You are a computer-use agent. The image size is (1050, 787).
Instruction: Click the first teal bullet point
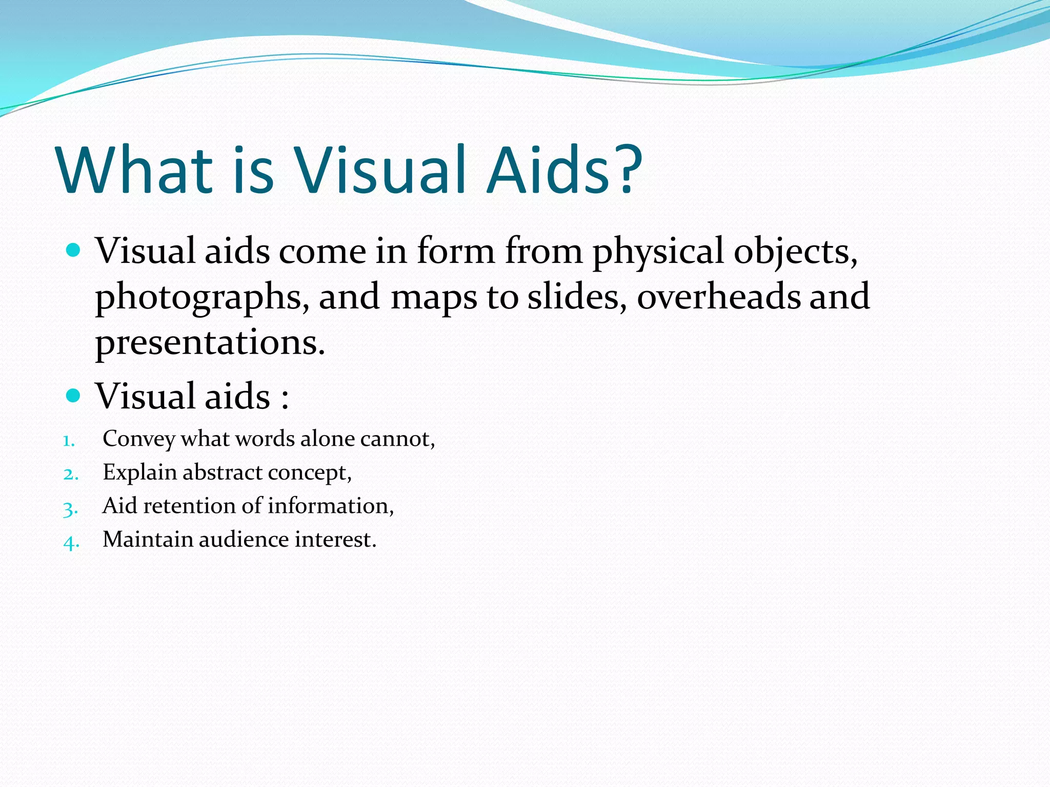74,251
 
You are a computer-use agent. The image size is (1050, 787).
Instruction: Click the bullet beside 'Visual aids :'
74,396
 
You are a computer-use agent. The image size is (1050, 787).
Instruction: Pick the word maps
434,298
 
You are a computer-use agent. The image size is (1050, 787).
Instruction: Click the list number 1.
69,441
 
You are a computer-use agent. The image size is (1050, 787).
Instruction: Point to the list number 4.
71,542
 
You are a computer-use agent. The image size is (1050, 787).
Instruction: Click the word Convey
138,439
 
